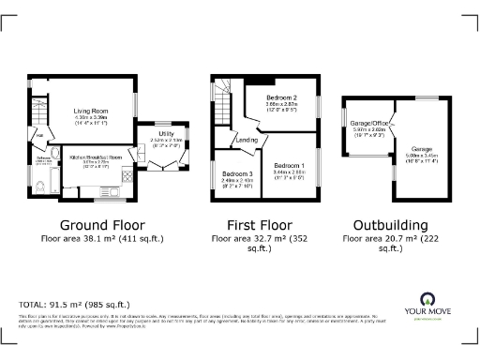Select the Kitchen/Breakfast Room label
tap(97, 159)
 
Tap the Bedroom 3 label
tap(237, 174)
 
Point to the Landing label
tap(247, 141)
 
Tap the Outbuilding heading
tap(391, 225)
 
